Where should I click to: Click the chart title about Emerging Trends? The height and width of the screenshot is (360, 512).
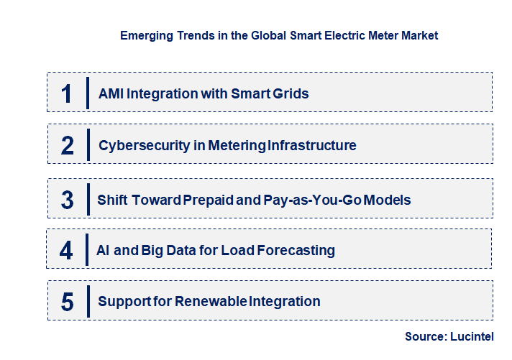[279, 34]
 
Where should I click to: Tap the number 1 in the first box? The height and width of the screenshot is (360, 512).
[67, 93]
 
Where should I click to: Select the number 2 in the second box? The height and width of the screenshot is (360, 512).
[68, 146]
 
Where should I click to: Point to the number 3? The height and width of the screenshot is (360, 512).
[68, 200]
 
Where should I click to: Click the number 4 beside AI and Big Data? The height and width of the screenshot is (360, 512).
[67, 251]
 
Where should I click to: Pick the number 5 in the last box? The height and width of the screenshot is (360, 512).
[68, 302]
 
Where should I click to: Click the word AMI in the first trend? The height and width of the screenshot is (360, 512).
[111, 93]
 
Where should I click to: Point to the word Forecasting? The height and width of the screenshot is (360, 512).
[299, 251]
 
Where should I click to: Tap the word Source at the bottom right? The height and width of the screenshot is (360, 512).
[425, 336]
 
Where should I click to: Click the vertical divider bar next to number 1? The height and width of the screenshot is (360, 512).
[88, 93]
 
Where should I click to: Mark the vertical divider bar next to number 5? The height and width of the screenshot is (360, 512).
[88, 301]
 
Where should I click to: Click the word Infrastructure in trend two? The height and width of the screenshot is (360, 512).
[311, 146]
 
